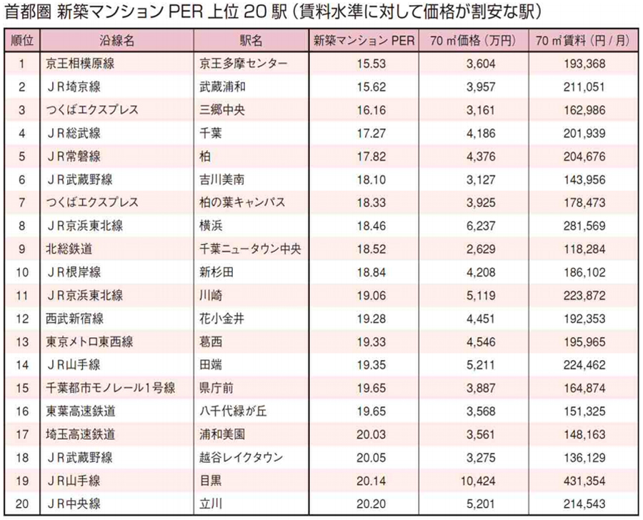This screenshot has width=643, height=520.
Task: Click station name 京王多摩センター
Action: click(x=244, y=64)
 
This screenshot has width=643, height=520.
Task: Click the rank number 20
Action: click(x=22, y=504)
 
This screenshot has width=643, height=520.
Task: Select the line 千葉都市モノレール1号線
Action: click(x=99, y=389)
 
